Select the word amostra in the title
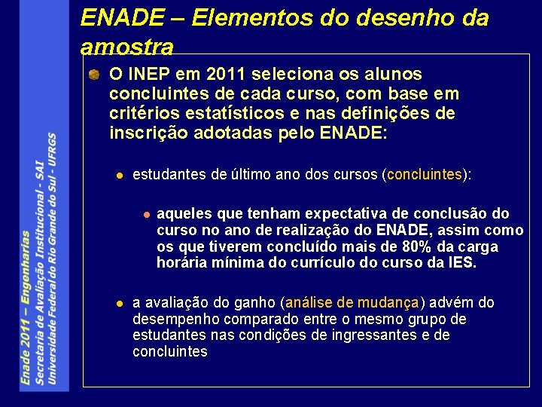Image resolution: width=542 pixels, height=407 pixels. pyautogui.click(x=126, y=47)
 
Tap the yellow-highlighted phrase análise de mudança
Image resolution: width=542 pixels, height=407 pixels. pyautogui.click(x=352, y=303)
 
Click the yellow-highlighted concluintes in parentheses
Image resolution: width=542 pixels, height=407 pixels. pyautogui.click(x=424, y=175)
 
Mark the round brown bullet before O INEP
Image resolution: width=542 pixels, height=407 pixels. pyautogui.click(x=92, y=75)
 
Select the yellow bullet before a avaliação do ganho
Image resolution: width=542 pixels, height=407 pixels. pyautogui.click(x=118, y=304)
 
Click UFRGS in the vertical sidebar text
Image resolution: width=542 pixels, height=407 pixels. pyautogui.click(x=52, y=150)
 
